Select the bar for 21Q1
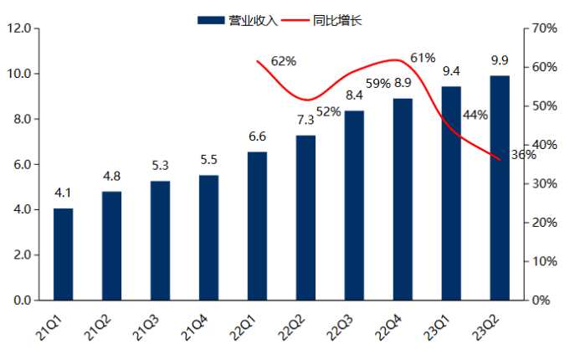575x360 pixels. pyautogui.click(x=63, y=254)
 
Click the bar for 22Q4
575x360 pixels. pyautogui.click(x=403, y=199)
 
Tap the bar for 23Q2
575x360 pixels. pyautogui.click(x=500, y=188)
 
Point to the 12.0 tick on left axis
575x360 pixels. pyautogui.click(x=18, y=28)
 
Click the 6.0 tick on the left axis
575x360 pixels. pyautogui.click(x=18, y=164)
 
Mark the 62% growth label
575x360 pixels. pyautogui.click(x=284, y=61)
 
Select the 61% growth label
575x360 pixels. pyautogui.click(x=423, y=58)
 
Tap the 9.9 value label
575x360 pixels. pyautogui.click(x=500, y=59)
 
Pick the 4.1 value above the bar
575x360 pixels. pyautogui.click(x=63, y=193)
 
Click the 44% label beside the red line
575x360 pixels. pyautogui.click(x=475, y=115)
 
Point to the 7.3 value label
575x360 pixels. pyautogui.click(x=305, y=120)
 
